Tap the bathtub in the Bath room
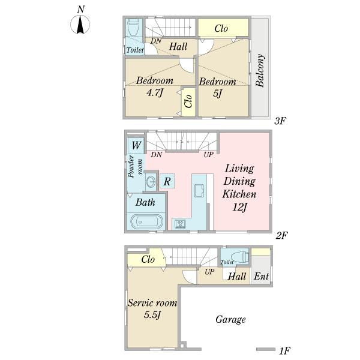tap(146, 221)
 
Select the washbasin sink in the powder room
tap(151, 182)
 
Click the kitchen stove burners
tap(180, 224)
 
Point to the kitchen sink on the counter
tap(199, 191)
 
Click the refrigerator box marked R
tap(167, 181)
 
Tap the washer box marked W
tap(136, 145)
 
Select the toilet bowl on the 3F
tap(133, 28)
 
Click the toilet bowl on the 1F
tap(241, 256)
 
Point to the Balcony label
tap(260, 70)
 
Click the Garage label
tap(230, 319)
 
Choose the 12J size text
tap(239, 208)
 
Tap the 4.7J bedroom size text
tap(155, 92)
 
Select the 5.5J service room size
tap(152, 314)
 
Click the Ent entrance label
tap(261, 276)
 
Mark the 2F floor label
tap(281, 235)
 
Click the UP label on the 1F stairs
tap(209, 272)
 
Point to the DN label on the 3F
tap(156, 41)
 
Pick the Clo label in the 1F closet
tap(148, 259)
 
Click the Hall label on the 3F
tap(178, 47)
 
